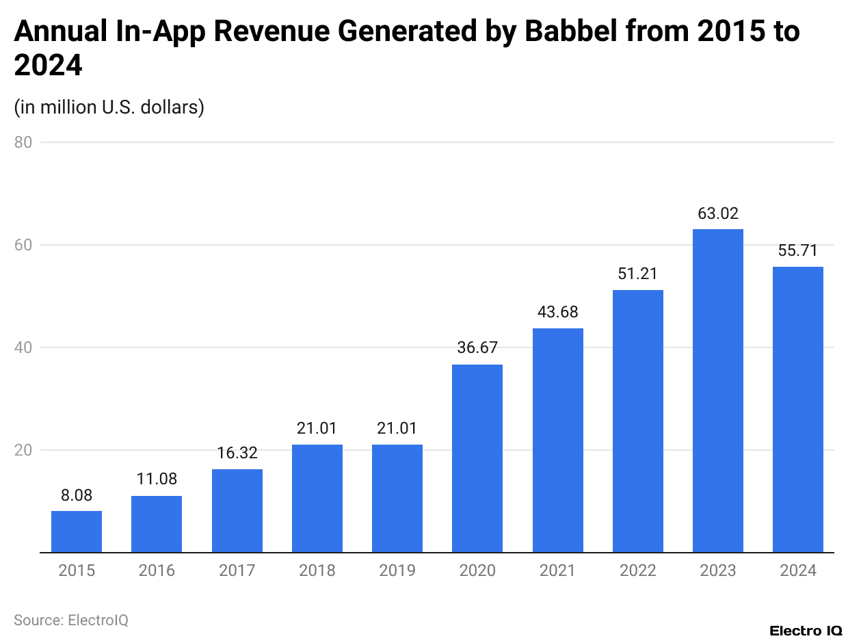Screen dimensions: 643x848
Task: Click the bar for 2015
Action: tap(77, 532)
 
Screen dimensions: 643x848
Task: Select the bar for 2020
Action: tap(477, 458)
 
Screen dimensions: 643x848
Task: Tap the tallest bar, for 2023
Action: tap(718, 391)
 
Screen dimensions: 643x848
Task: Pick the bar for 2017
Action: tap(237, 510)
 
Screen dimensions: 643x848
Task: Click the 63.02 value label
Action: tap(718, 213)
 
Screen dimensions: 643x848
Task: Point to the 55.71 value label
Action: tap(798, 250)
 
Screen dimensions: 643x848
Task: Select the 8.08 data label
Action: tap(77, 495)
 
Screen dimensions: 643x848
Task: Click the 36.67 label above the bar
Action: tap(477, 348)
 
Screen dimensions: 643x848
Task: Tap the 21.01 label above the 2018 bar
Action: tap(317, 429)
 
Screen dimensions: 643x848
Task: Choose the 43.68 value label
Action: tap(557, 312)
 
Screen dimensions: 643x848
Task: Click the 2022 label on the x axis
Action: tap(637, 570)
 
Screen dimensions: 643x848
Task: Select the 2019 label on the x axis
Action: tap(397, 570)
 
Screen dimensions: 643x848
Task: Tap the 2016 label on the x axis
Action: tap(157, 570)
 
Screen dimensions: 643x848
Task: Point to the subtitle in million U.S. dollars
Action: tap(109, 107)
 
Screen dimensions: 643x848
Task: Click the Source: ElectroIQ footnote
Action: tap(71, 620)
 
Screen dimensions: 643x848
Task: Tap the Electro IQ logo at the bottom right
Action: tap(806, 630)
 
